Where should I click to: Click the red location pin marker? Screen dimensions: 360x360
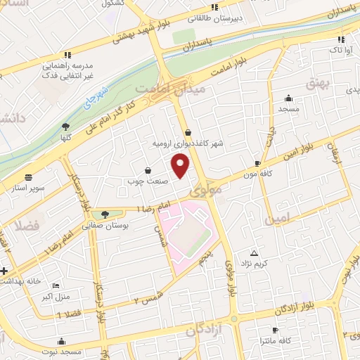(181, 166)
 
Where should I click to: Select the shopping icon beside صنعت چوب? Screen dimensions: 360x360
(148, 169)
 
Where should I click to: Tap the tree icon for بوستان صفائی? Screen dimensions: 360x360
(104, 214)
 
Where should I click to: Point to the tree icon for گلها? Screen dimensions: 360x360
(65, 127)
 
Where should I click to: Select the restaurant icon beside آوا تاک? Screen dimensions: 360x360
(341, 40)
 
